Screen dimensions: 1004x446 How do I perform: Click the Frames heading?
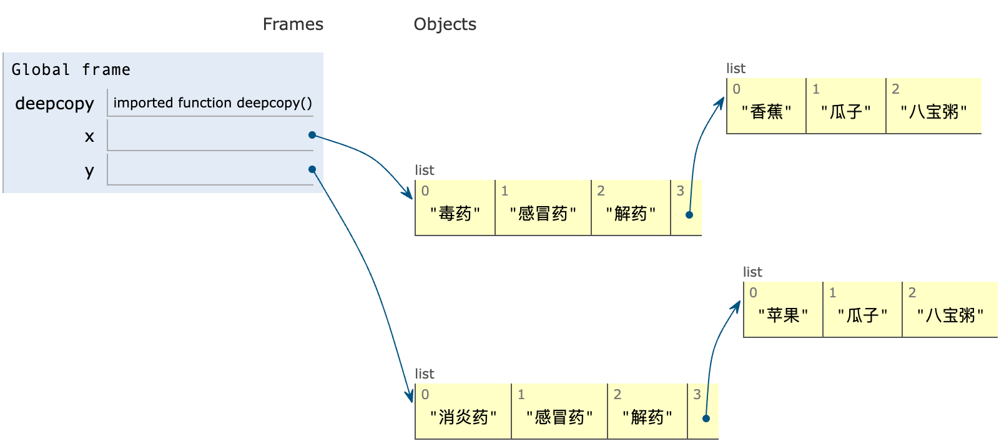[x=293, y=24]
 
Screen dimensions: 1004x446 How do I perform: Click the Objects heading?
[x=445, y=24]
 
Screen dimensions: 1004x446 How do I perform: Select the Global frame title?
[x=71, y=69]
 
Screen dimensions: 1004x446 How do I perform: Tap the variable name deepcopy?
[x=55, y=104]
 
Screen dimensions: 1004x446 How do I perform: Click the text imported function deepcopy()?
[x=212, y=102]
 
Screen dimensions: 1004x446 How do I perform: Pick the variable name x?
[x=90, y=136]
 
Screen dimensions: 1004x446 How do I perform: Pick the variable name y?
[x=90, y=171]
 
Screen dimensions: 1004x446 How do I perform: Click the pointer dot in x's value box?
[x=312, y=135]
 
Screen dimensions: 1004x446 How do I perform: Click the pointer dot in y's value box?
[x=312, y=169]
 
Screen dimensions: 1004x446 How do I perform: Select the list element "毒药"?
[x=455, y=214]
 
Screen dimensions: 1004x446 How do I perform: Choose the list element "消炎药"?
[x=463, y=417]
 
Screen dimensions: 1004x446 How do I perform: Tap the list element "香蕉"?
[x=767, y=112]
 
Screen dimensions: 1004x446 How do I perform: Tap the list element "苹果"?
[x=783, y=315]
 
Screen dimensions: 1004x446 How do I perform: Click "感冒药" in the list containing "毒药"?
[x=543, y=214]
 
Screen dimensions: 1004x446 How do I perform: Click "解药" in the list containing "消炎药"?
[x=647, y=417]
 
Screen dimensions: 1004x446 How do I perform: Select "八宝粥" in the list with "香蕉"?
[x=933, y=112]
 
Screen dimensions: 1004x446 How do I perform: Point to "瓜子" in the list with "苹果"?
[x=862, y=315]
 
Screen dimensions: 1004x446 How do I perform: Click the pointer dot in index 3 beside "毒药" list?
[x=689, y=215]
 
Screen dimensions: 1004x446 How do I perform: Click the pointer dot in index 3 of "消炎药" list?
[x=706, y=419]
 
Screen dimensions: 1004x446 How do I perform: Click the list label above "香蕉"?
[x=736, y=69]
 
